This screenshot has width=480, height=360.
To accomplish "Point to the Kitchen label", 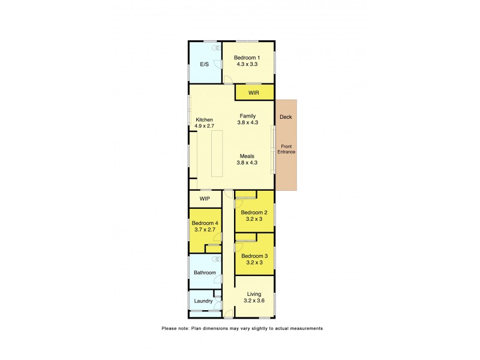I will tap(204, 120).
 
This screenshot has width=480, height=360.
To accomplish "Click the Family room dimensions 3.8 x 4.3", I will tap(248, 122).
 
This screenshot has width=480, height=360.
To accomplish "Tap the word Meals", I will tap(248, 156).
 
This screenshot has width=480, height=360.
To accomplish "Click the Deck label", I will tap(286, 117).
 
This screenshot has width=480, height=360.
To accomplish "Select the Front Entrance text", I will tap(286, 149).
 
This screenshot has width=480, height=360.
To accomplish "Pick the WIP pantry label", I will tap(205, 199).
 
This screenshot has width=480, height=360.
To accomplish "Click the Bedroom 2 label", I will tap(254, 212).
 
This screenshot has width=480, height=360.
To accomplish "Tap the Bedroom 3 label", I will tap(254, 256).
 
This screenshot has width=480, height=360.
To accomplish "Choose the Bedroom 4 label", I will tap(205, 223).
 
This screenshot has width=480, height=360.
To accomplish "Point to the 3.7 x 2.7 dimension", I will tap(205, 229).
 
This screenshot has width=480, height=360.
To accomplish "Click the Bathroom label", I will tap(204, 272).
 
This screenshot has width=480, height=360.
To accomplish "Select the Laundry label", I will tap(203, 301).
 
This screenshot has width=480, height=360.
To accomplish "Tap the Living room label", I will tap(254, 294).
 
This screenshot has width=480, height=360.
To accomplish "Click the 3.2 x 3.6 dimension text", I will tap(254, 301).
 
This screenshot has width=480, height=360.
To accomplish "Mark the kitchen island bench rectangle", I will tap(216, 154).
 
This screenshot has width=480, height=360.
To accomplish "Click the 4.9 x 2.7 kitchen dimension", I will tap(204, 126).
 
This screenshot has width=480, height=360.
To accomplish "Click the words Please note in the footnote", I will tap(175, 328).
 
